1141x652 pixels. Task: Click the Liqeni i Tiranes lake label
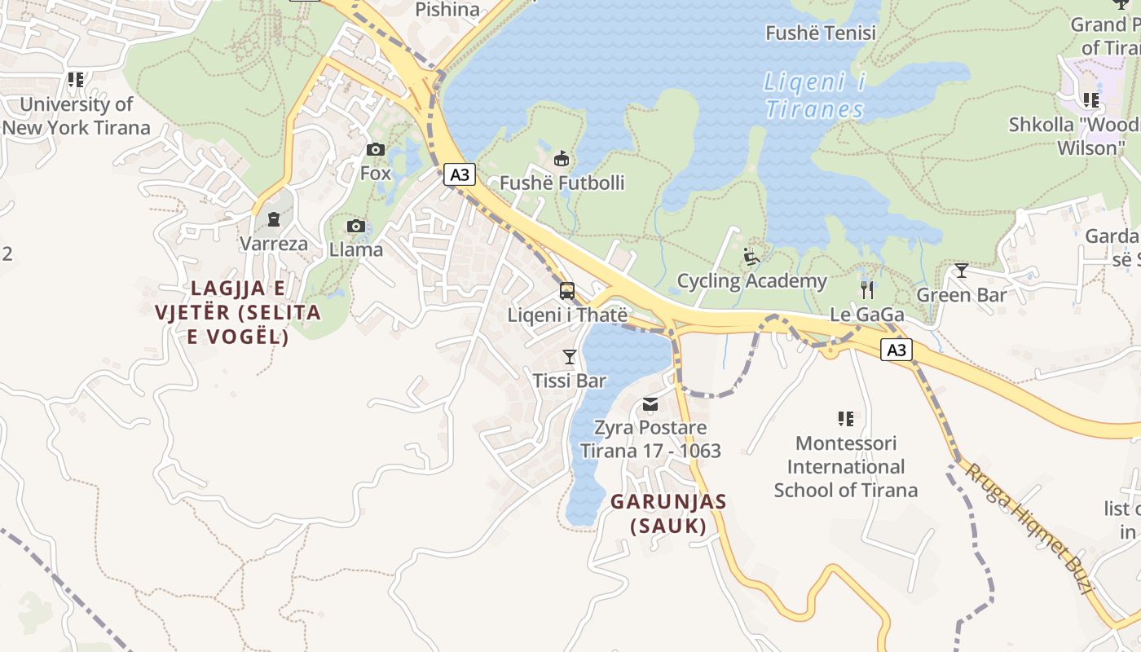pyautogui.click(x=814, y=96)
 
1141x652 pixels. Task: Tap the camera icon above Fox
pyautogui.click(x=376, y=149)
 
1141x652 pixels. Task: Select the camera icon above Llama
pyautogui.click(x=355, y=226)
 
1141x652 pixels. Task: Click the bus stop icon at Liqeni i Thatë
pyautogui.click(x=567, y=291)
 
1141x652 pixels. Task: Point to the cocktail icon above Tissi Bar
pyautogui.click(x=569, y=357)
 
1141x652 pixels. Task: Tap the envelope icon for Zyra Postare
pyautogui.click(x=650, y=403)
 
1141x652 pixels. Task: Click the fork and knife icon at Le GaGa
pyautogui.click(x=867, y=290)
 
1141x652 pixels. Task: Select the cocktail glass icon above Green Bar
pyautogui.click(x=962, y=271)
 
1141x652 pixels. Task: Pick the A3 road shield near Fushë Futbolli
pyautogui.click(x=460, y=174)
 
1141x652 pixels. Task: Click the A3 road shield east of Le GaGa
pyautogui.click(x=896, y=350)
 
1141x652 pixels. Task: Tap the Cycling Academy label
pyautogui.click(x=752, y=281)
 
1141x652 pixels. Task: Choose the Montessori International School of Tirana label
pyautogui.click(x=845, y=467)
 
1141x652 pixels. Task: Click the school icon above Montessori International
pyautogui.click(x=846, y=419)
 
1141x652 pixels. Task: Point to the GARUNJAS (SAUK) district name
pyautogui.click(x=668, y=513)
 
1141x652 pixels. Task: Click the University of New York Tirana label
pyautogui.click(x=77, y=116)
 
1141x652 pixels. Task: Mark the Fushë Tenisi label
pyautogui.click(x=821, y=33)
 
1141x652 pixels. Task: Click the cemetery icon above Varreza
pyautogui.click(x=273, y=218)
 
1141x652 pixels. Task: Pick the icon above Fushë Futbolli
pyautogui.click(x=561, y=158)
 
